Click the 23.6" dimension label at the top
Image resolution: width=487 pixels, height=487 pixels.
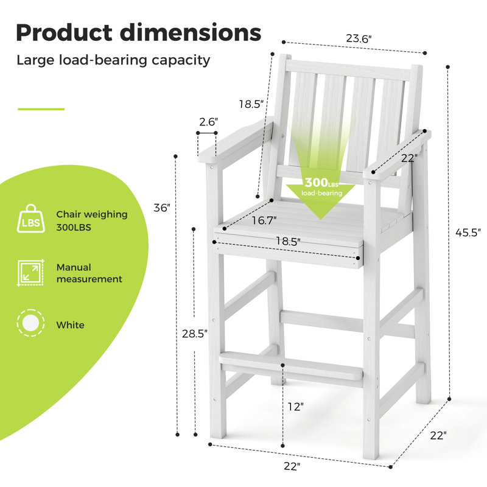tap(359, 38)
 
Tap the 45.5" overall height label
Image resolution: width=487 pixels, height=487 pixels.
tap(468, 233)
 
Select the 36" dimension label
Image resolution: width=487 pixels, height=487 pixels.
tap(162, 208)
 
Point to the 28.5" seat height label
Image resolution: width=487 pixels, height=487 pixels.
tap(195, 334)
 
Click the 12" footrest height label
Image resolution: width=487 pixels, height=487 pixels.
tap(295, 406)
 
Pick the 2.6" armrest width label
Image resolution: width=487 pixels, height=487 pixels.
tap(208, 122)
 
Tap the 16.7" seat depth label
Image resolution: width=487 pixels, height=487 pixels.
tap(264, 220)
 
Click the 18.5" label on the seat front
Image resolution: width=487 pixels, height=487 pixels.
tap(288, 241)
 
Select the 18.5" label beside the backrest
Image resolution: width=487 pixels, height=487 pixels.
tap(251, 103)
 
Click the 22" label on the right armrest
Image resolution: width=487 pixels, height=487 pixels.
tap(409, 158)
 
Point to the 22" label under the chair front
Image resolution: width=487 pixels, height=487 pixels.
tap(292, 466)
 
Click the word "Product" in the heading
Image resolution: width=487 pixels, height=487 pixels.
tap(64, 33)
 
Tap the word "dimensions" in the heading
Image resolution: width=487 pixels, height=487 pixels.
tap(191, 33)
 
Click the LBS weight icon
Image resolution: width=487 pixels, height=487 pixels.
tap(31, 219)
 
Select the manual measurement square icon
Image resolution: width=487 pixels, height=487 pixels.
tap(31, 273)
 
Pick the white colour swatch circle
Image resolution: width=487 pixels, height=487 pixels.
tap(30, 323)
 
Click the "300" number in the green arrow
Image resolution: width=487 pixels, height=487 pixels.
tap(316, 182)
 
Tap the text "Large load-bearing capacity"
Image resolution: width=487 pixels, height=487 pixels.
tap(113, 60)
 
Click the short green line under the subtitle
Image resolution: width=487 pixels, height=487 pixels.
tap(41, 109)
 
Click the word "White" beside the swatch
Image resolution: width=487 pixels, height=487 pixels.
tap(70, 325)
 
